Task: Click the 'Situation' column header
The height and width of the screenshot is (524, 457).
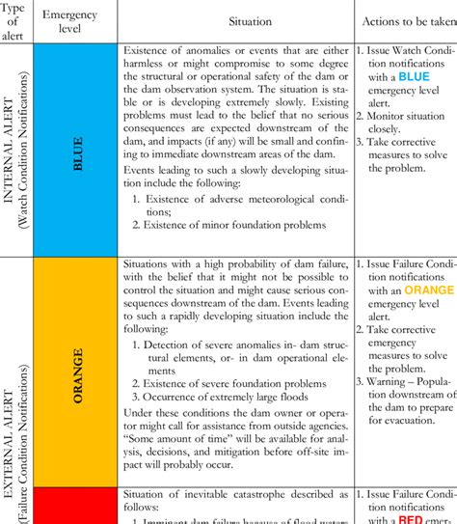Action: [x=236, y=20]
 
